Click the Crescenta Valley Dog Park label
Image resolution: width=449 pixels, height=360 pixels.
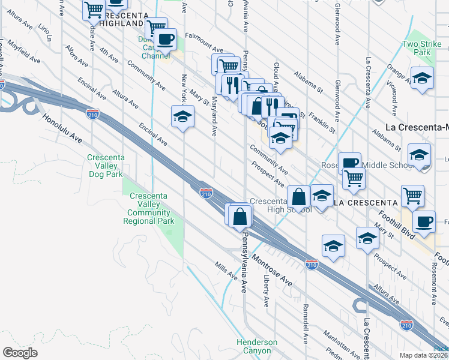click(x=106, y=166)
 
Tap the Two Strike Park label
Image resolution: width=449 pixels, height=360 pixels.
click(x=417, y=48)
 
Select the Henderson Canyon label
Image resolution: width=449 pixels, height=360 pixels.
click(x=257, y=346)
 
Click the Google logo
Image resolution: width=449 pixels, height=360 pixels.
click(x=20, y=352)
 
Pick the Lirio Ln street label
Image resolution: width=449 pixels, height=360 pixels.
click(x=45, y=32)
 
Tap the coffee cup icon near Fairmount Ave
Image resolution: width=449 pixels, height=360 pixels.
click(x=166, y=40)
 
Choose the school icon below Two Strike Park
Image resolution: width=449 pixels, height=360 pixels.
click(x=422, y=77)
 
